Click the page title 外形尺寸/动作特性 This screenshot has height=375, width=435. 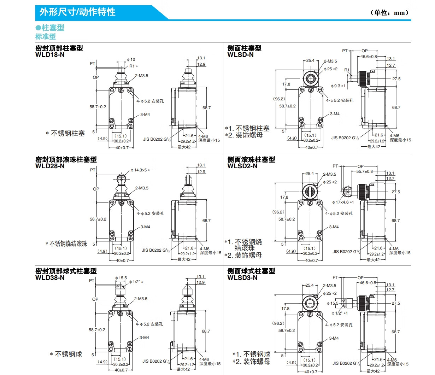(x=77, y=12)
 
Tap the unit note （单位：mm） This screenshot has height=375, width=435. (x=389, y=13)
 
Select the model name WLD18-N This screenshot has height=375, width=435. (x=50, y=55)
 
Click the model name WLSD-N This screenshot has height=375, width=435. (x=240, y=55)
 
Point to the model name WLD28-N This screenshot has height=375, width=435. (x=50, y=166)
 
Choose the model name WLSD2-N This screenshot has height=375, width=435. (x=242, y=166)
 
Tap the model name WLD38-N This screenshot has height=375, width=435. (x=50, y=278)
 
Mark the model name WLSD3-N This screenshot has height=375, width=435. (x=242, y=278)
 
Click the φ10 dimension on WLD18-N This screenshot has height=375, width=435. (x=131, y=59)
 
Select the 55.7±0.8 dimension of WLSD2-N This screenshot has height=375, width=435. (x=364, y=171)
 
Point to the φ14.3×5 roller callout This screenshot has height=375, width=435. (x=140, y=170)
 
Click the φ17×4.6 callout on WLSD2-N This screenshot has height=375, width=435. (x=343, y=203)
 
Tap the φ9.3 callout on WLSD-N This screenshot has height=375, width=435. (x=338, y=86)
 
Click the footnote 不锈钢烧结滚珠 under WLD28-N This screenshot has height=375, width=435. (x=68, y=244)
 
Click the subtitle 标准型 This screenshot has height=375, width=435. (x=46, y=36)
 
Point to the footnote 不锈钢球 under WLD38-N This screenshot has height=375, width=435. (x=68, y=354)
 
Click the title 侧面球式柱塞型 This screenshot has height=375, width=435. (x=251, y=271)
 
